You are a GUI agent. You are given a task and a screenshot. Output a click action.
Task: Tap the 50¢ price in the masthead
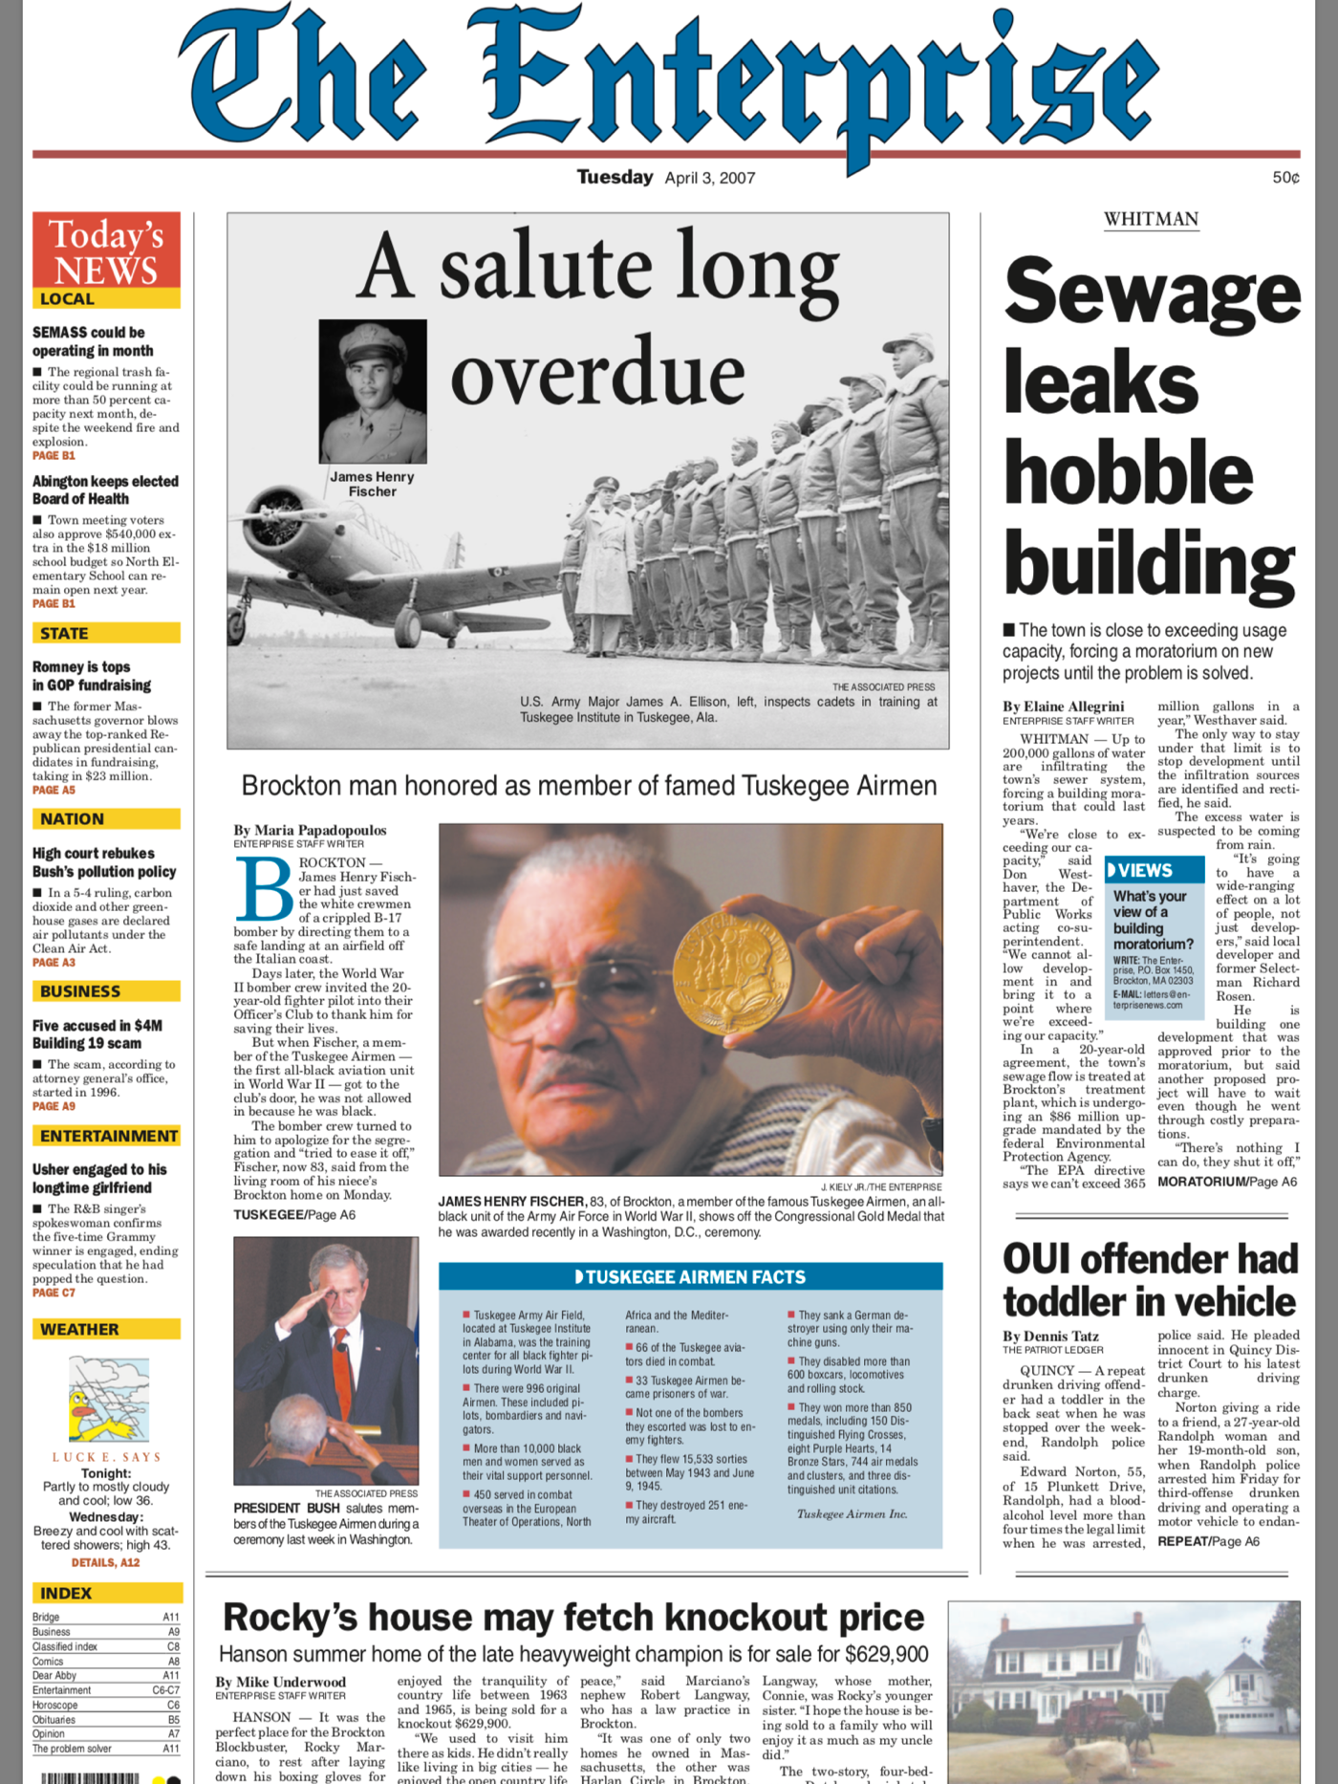tap(1285, 178)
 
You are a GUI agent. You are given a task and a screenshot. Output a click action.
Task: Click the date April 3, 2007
tap(710, 178)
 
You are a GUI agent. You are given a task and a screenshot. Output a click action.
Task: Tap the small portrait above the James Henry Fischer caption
tap(373, 391)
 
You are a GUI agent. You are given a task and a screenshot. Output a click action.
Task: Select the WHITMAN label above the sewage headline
tap(1151, 219)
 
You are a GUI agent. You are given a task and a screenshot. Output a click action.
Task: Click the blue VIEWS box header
tap(1153, 870)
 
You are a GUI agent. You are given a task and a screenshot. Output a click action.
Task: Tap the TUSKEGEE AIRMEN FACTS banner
tap(690, 1276)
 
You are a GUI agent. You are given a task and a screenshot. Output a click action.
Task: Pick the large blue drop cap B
tap(263, 889)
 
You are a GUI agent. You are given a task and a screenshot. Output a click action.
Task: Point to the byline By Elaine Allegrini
tap(1063, 707)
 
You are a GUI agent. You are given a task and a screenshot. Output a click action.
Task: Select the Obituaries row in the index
tap(105, 1719)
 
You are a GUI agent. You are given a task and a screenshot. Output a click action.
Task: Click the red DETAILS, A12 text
tap(105, 1562)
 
